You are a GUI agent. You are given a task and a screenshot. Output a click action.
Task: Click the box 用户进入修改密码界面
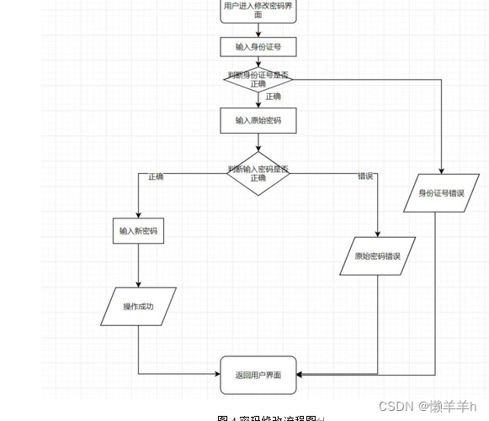pyautogui.click(x=258, y=10)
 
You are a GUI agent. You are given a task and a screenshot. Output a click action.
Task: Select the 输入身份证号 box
pyautogui.click(x=258, y=47)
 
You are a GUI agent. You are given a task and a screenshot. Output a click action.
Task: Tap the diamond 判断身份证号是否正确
pyautogui.click(x=258, y=80)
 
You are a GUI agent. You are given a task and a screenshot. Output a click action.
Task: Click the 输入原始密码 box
pyautogui.click(x=258, y=121)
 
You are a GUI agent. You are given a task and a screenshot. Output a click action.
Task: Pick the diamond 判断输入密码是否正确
pyautogui.click(x=258, y=174)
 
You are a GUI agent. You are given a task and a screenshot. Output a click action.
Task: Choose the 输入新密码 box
pyautogui.click(x=138, y=231)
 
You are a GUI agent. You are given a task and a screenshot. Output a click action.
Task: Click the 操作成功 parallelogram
pyautogui.click(x=138, y=307)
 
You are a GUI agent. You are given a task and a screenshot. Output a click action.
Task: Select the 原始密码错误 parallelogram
pyautogui.click(x=377, y=256)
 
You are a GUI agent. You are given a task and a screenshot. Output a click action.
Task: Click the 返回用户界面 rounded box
pyautogui.click(x=258, y=376)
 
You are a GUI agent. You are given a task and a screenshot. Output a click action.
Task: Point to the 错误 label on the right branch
pyautogui.click(x=365, y=177)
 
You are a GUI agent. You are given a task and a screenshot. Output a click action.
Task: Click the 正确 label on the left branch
pyautogui.click(x=156, y=177)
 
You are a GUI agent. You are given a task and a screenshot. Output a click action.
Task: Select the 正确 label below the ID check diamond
pyautogui.click(x=274, y=97)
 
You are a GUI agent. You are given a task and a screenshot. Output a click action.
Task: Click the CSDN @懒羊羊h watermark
pyautogui.click(x=427, y=406)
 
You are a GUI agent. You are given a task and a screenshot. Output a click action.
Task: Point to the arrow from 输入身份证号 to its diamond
pyautogui.click(x=258, y=62)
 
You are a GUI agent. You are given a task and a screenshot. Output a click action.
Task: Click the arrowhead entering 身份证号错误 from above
pyautogui.click(x=440, y=170)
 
